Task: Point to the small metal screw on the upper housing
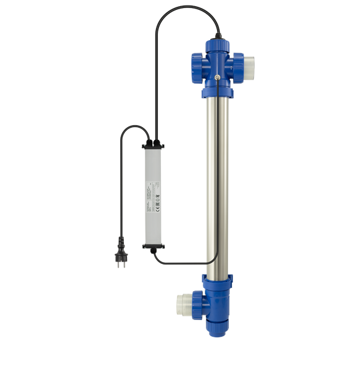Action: coord(219,78)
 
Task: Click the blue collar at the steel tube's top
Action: coord(218,93)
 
